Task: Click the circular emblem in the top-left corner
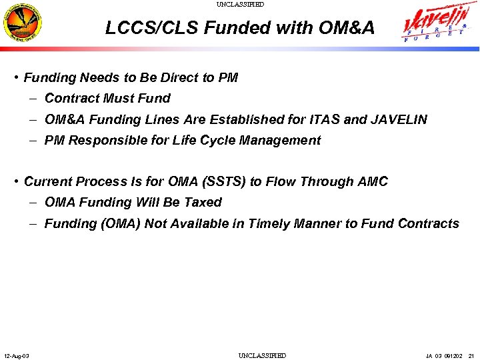click(23, 25)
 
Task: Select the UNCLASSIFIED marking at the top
click(240, 5)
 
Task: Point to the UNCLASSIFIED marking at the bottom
click(262, 355)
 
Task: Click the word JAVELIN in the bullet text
click(399, 120)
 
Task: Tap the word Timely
click(268, 224)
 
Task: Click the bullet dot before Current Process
click(16, 181)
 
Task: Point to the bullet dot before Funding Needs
click(16, 77)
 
